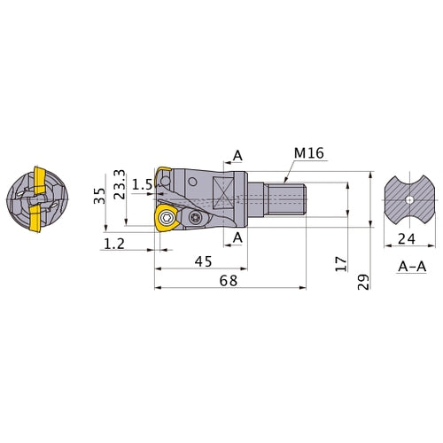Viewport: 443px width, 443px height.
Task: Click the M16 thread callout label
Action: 309,153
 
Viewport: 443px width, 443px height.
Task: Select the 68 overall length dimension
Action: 229,281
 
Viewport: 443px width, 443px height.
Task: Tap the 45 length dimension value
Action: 204,261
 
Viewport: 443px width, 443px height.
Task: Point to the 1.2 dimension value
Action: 114,244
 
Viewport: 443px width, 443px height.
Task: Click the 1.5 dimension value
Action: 142,184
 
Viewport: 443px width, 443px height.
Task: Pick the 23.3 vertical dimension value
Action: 120,184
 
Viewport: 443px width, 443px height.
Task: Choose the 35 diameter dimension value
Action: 99,196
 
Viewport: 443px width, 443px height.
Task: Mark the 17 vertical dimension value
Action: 341,264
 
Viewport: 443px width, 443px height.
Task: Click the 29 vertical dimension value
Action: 363,282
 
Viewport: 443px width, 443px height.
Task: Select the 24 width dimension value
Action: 407,239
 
